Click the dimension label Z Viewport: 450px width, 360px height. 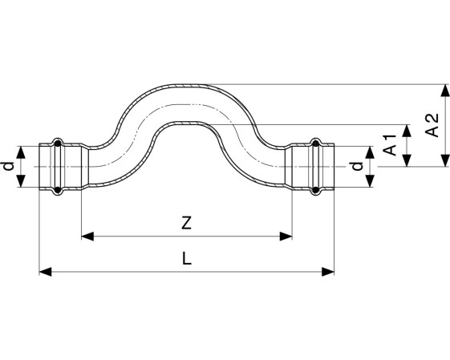187,223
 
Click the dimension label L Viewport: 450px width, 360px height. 187,258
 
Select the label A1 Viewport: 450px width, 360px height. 390,145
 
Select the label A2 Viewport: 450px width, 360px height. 432,125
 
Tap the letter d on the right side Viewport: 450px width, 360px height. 357,167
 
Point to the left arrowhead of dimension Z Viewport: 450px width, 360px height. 87,237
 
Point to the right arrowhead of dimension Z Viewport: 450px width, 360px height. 286,237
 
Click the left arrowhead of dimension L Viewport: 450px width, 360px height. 46,272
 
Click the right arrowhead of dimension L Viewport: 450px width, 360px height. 328,272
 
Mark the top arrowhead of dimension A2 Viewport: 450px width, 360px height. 445,91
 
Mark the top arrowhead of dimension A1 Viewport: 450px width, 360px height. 407,131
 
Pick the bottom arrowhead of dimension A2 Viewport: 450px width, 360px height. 445,160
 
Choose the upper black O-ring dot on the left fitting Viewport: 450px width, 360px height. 58,144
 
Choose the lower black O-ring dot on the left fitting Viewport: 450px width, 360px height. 58,189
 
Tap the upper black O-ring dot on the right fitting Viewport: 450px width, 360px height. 316,144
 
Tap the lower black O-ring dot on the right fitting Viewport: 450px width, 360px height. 316,189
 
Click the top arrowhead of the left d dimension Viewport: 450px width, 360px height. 20,152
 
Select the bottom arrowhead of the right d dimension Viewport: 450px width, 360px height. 371,181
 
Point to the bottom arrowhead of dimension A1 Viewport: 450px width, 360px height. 407,160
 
